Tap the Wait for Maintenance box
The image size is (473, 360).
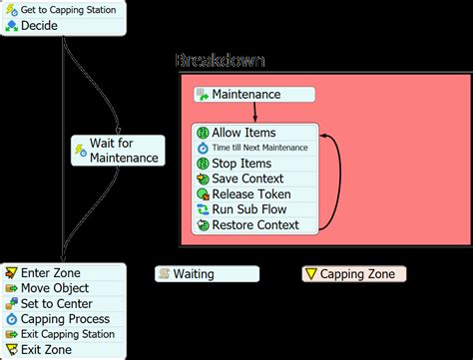pyautogui.click(x=117, y=151)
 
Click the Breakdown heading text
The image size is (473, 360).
pyautogui.click(x=220, y=61)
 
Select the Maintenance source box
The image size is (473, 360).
pyautogui.click(x=255, y=95)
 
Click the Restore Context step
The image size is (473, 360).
pyautogui.click(x=254, y=225)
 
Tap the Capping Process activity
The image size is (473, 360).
pyautogui.click(x=63, y=319)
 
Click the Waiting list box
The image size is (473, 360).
pyautogui.click(x=207, y=273)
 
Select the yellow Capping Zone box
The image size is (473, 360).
pyautogui.click(x=354, y=273)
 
